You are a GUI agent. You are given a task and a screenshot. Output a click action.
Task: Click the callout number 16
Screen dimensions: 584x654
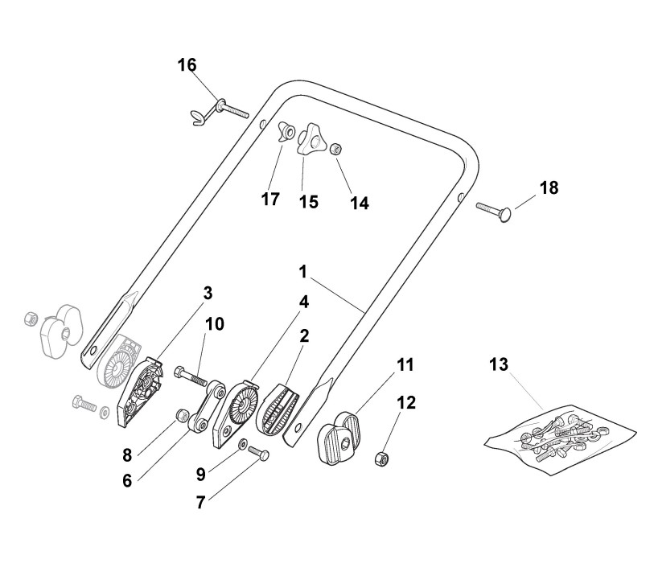(187, 65)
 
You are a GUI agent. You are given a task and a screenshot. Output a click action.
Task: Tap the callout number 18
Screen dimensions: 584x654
(549, 187)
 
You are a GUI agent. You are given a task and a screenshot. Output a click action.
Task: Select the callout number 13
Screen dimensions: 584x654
(499, 364)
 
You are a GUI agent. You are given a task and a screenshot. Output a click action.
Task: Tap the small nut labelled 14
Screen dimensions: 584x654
(338, 148)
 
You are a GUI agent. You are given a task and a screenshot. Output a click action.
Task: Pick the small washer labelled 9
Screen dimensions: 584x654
(242, 444)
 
